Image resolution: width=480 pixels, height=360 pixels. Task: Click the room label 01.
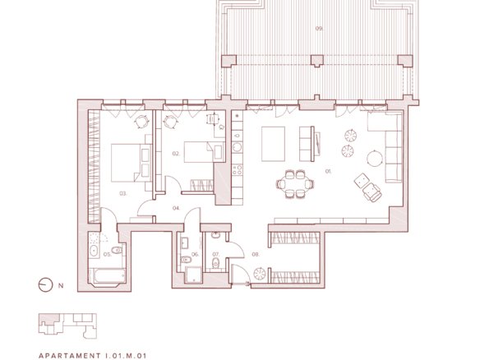pos(328,172)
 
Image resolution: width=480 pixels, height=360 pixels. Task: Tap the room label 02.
pos(176,154)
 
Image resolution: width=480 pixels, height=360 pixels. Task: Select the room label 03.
pos(123,193)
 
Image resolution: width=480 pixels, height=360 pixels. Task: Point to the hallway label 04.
pos(176,208)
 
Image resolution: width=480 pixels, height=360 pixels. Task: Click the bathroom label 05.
pos(107,254)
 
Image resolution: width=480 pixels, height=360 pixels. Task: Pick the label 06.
pos(195,255)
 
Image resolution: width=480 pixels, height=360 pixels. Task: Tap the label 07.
pos(216,255)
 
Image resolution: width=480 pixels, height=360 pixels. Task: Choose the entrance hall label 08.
pos(256,255)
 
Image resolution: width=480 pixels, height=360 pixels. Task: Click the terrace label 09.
pos(319,29)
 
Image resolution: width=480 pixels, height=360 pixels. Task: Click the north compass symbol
pos(45,285)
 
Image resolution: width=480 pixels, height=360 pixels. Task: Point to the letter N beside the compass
pos(61,285)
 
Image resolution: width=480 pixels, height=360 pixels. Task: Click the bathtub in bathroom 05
pos(107,276)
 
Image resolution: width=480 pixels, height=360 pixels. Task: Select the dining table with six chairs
pos(295,184)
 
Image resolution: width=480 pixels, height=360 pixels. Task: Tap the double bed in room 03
pos(131,163)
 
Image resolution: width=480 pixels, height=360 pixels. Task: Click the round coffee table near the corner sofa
pos(375,159)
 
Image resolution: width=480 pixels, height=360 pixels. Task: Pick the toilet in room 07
pos(216,263)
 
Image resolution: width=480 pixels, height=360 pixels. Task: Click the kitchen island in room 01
pos(273,144)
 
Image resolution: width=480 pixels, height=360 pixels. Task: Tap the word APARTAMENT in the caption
pos(70,356)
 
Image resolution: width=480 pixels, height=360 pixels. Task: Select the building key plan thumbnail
pos(67,325)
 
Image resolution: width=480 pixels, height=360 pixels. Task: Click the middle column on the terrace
pos(317,60)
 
